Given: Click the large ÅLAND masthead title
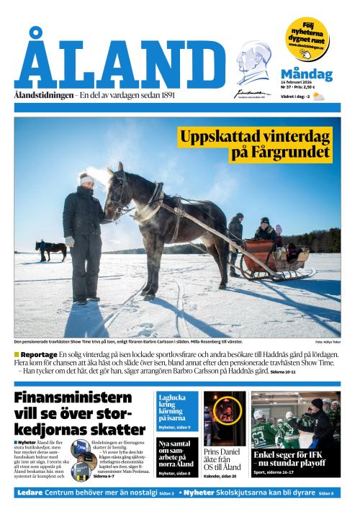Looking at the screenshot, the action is pyautogui.click(x=120, y=62).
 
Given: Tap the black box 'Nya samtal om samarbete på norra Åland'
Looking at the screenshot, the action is pyautogui.click(x=176, y=456).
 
